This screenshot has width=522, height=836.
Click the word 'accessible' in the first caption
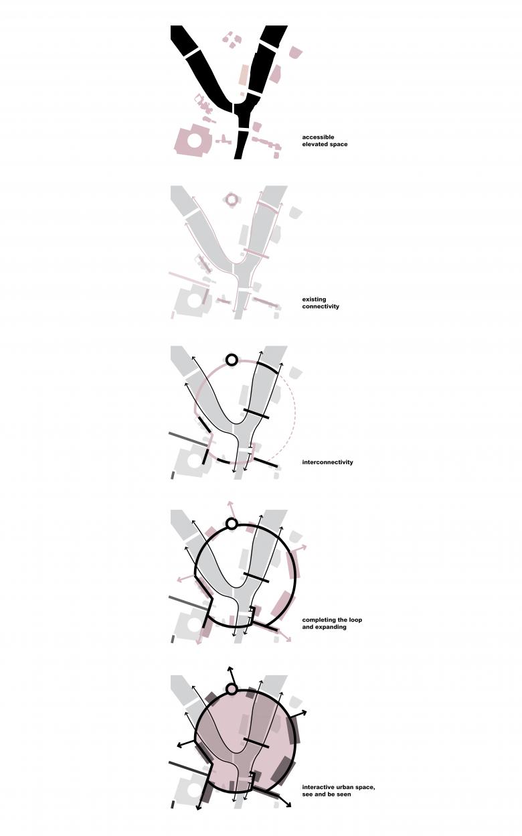tap(318, 137)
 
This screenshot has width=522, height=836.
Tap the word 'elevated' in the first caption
tap(315, 145)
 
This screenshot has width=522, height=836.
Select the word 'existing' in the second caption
tap(314, 299)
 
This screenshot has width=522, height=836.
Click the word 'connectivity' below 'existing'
tap(321, 306)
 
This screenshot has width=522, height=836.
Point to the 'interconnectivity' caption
tap(327, 462)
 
